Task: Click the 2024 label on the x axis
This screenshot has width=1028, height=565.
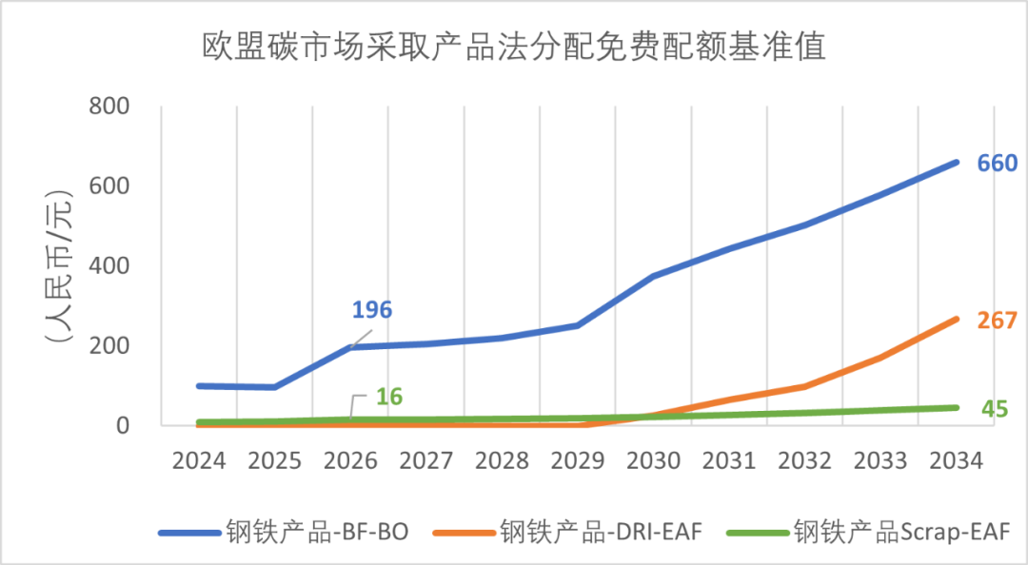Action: (198, 461)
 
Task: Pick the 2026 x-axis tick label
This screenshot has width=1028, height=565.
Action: (349, 461)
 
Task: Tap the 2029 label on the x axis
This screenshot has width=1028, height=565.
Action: (577, 461)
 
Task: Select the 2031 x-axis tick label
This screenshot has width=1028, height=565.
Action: (728, 461)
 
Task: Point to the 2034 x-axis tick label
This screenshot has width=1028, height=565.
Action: (956, 461)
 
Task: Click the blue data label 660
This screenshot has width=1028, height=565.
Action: (998, 164)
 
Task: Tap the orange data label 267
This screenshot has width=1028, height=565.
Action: (998, 321)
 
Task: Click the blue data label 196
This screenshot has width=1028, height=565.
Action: (372, 310)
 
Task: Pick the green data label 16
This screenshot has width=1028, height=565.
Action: (387, 396)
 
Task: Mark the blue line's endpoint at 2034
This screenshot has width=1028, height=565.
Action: (956, 162)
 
